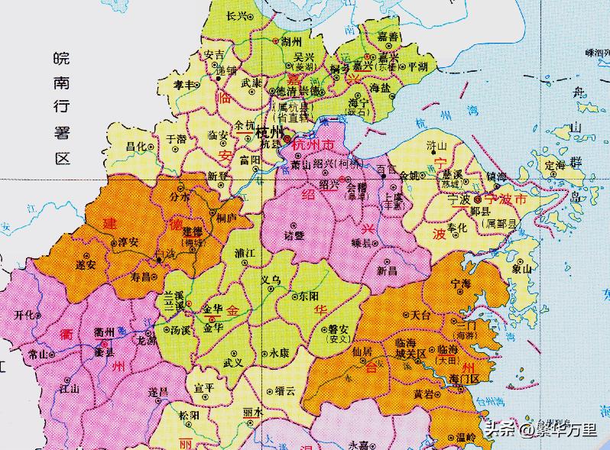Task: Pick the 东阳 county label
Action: coord(310,296)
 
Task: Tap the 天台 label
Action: coord(420,314)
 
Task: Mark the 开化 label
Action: coord(25,315)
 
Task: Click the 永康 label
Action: coord(280,353)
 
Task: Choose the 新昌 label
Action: coord(388,271)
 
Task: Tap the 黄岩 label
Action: coord(423,394)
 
